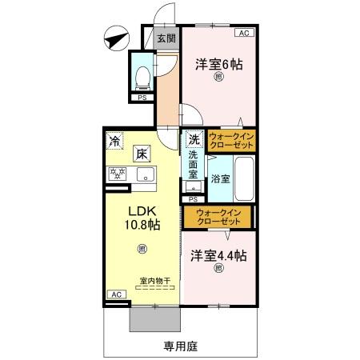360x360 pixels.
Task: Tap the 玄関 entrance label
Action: pos(166,38)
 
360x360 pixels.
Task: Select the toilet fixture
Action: pos(143,77)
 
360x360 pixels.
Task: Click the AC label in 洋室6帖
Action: pos(244,34)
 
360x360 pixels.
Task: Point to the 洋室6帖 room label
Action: pos(218,65)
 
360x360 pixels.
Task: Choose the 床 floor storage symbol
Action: pos(141,154)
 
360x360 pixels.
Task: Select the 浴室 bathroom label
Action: pos(220,178)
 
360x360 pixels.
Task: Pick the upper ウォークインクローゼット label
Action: pos(231,142)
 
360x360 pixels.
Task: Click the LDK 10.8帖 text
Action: pos(142,218)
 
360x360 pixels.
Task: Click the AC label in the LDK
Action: pos(117,294)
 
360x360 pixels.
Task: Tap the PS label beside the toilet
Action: pos(142,98)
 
